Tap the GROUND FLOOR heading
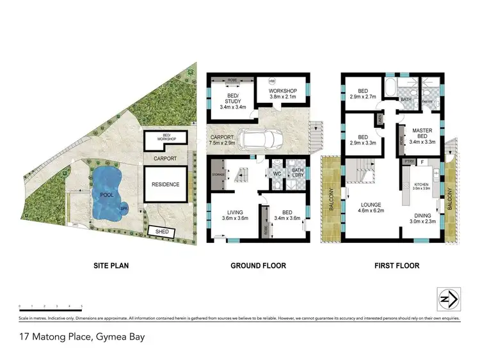(259, 265)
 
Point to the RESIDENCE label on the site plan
(165, 184)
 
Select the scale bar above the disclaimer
(51, 308)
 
